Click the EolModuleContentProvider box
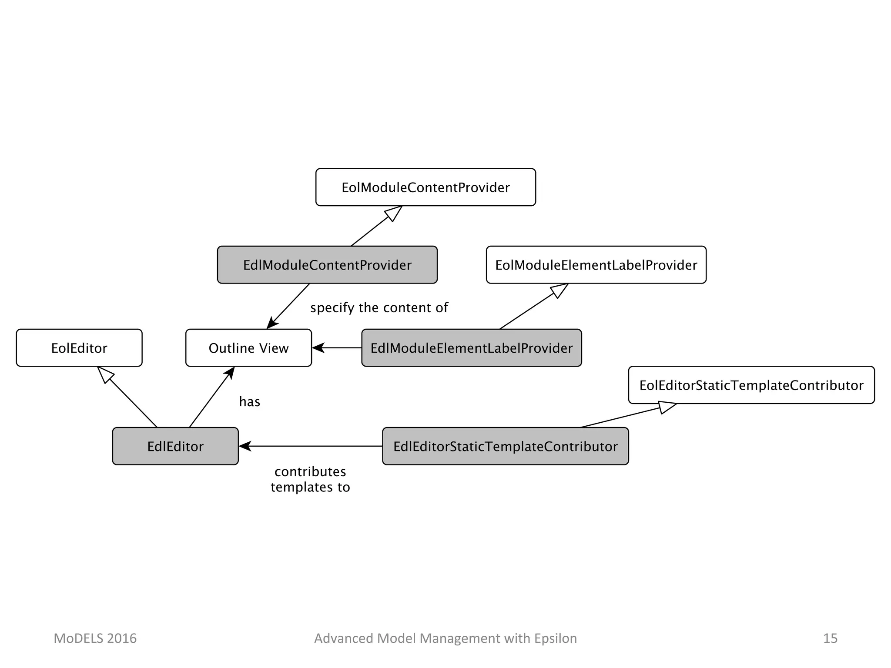[x=425, y=187]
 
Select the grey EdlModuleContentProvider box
[x=327, y=265]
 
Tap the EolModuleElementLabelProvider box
[x=596, y=265]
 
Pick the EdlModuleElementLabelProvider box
[x=472, y=348]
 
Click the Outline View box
[x=248, y=348]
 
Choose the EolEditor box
[x=79, y=348]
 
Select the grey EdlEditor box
[x=175, y=446]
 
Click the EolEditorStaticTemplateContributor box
[x=751, y=385]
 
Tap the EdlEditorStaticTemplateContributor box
[x=506, y=446]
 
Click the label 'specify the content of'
[x=379, y=308]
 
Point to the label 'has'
[x=250, y=401]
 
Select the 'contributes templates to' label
[x=310, y=479]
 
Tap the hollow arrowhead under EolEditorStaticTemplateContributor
[x=667, y=407]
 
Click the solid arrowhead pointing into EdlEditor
[x=245, y=446]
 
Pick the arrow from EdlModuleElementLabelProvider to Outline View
[x=337, y=348]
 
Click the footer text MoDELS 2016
[x=95, y=638]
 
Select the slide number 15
[x=830, y=638]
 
